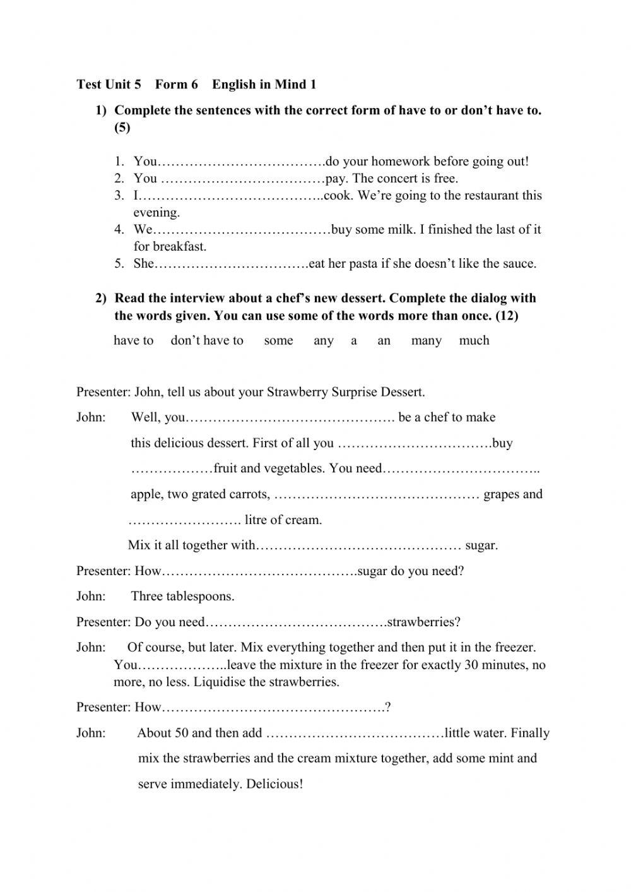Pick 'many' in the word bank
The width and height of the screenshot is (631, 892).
point(426,341)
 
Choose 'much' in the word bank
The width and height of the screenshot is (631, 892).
point(474,341)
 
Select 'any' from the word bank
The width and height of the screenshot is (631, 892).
point(323,341)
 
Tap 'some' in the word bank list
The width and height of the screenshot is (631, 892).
point(278,341)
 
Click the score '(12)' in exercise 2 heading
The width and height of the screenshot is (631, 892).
point(507,316)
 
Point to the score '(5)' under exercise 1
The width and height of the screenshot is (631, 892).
point(122,128)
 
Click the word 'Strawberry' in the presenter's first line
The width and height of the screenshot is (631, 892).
point(297,392)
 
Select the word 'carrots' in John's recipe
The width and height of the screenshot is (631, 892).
point(249,494)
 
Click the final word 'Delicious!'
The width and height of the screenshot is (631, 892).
point(274,785)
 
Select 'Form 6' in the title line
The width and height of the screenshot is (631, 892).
point(177,85)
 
